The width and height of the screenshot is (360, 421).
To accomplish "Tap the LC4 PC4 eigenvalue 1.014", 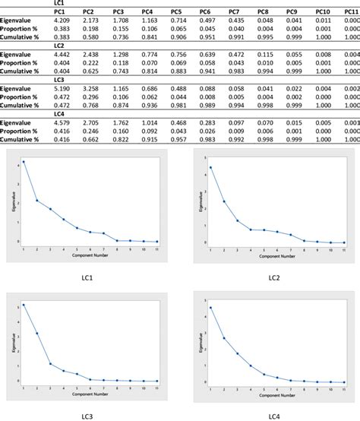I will tap(147, 123).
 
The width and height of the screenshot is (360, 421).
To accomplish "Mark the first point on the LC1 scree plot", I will tap(24, 161).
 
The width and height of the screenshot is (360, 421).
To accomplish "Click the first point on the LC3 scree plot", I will tap(24, 305).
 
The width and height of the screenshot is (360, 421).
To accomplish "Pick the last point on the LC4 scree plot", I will tap(344, 381).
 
